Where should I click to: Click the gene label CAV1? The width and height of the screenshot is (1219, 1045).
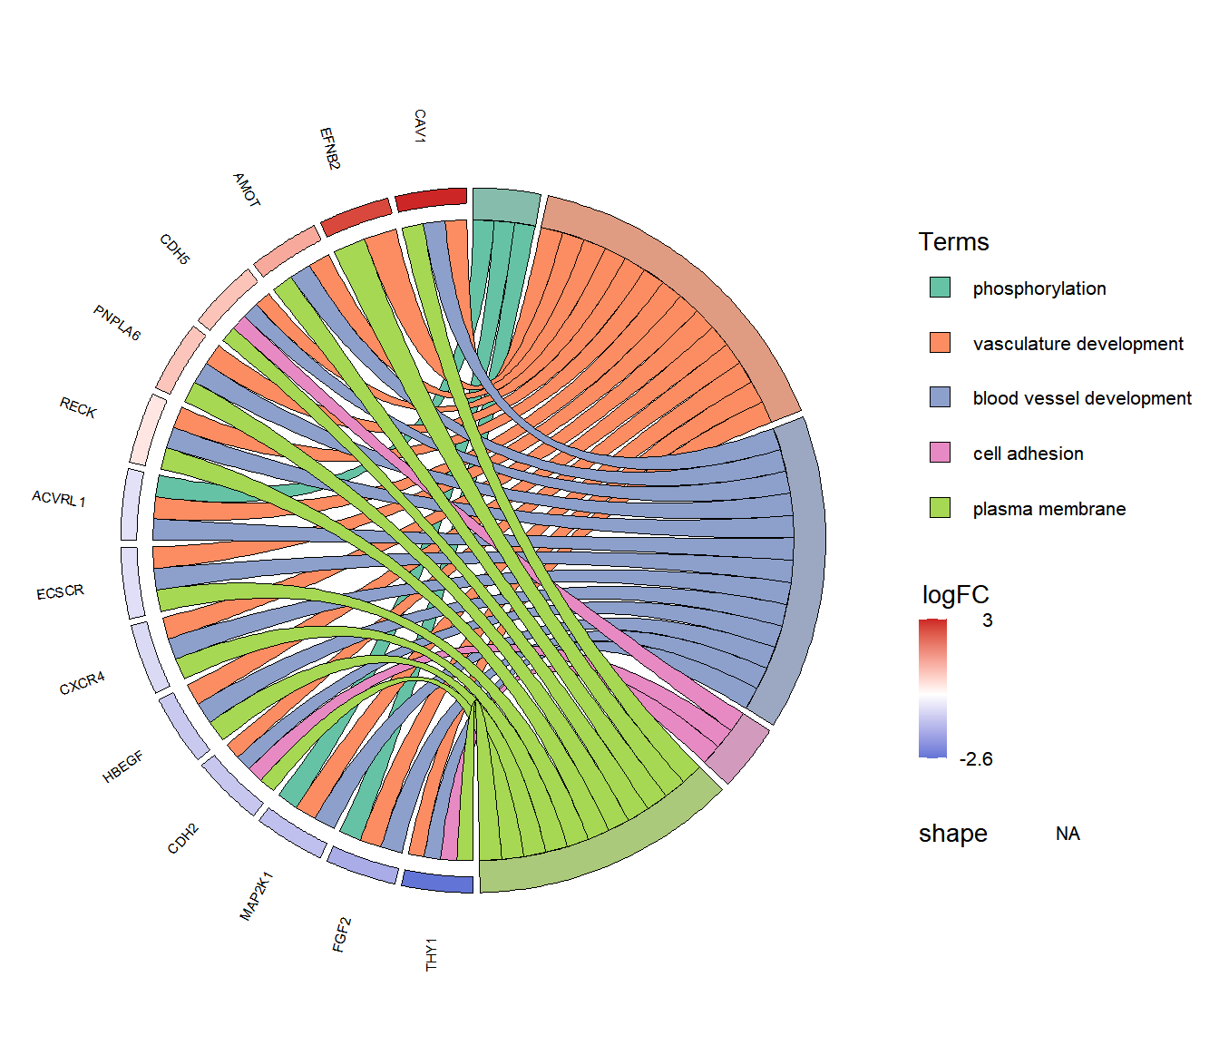click(420, 125)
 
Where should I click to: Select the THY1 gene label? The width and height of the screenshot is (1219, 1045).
click(431, 954)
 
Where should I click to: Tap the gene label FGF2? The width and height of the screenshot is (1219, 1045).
click(341, 934)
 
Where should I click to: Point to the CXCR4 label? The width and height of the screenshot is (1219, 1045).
click(82, 683)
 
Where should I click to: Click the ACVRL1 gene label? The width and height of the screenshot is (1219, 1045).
click(59, 499)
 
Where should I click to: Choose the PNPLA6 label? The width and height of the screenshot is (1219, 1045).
click(117, 323)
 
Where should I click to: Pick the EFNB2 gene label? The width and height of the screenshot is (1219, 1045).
click(330, 149)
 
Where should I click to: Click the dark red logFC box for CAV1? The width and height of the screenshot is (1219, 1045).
click(431, 200)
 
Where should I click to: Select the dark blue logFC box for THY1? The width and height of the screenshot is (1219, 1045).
click(437, 882)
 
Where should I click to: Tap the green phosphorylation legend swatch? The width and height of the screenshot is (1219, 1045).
click(940, 288)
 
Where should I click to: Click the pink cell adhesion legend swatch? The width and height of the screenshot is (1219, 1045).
click(940, 453)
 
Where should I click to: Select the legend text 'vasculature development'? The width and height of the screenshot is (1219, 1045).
click(1078, 343)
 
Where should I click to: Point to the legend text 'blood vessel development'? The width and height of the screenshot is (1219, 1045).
click(1082, 398)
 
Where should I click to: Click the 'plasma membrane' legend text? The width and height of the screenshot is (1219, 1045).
click(1049, 508)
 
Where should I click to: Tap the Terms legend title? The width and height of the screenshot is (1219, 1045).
click(953, 242)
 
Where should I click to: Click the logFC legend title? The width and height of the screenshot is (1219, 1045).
click(955, 594)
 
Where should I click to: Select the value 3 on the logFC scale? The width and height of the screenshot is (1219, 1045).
click(987, 620)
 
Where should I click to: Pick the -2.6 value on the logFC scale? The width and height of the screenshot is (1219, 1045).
click(976, 758)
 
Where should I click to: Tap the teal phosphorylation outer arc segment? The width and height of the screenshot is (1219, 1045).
click(507, 206)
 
